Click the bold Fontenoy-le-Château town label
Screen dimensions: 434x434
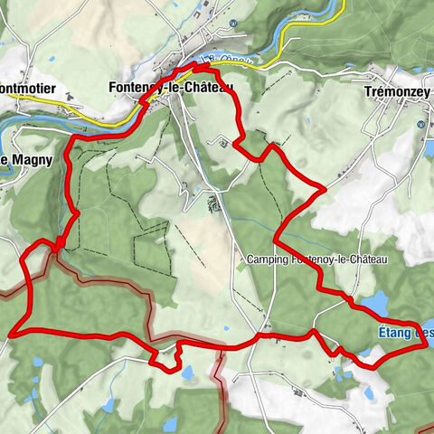[x=170, y=87]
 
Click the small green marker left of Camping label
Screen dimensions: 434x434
[x=240, y=260]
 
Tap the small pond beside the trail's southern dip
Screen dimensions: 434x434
[x=188, y=372]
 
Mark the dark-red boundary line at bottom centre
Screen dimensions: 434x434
[x=220, y=380]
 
